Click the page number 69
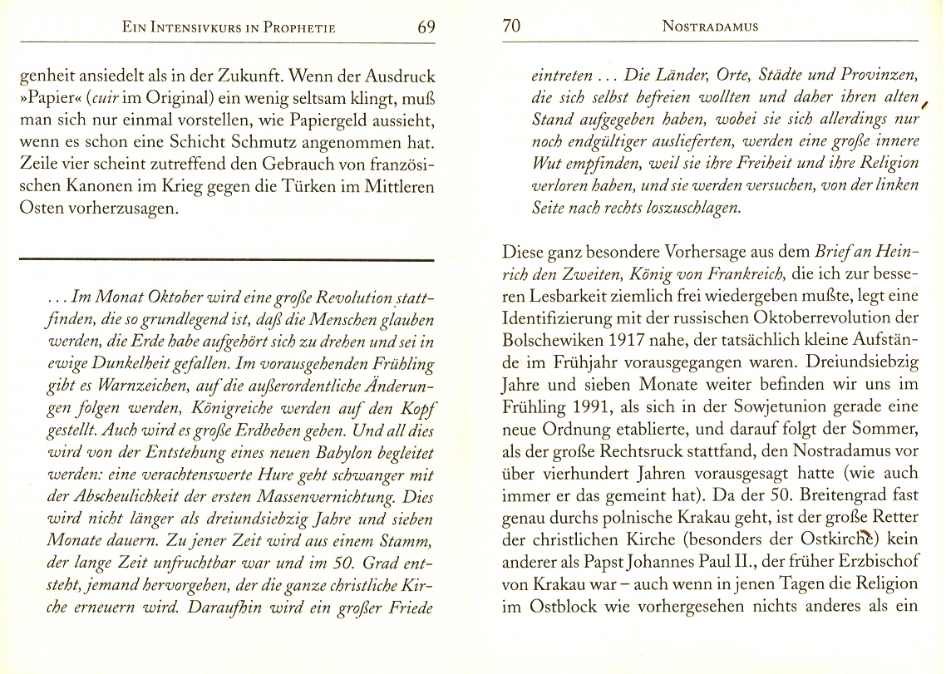coord(426,27)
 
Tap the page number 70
coord(512,27)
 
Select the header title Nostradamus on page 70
coord(710,27)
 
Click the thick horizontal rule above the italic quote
coord(226,261)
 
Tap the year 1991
coord(592,409)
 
